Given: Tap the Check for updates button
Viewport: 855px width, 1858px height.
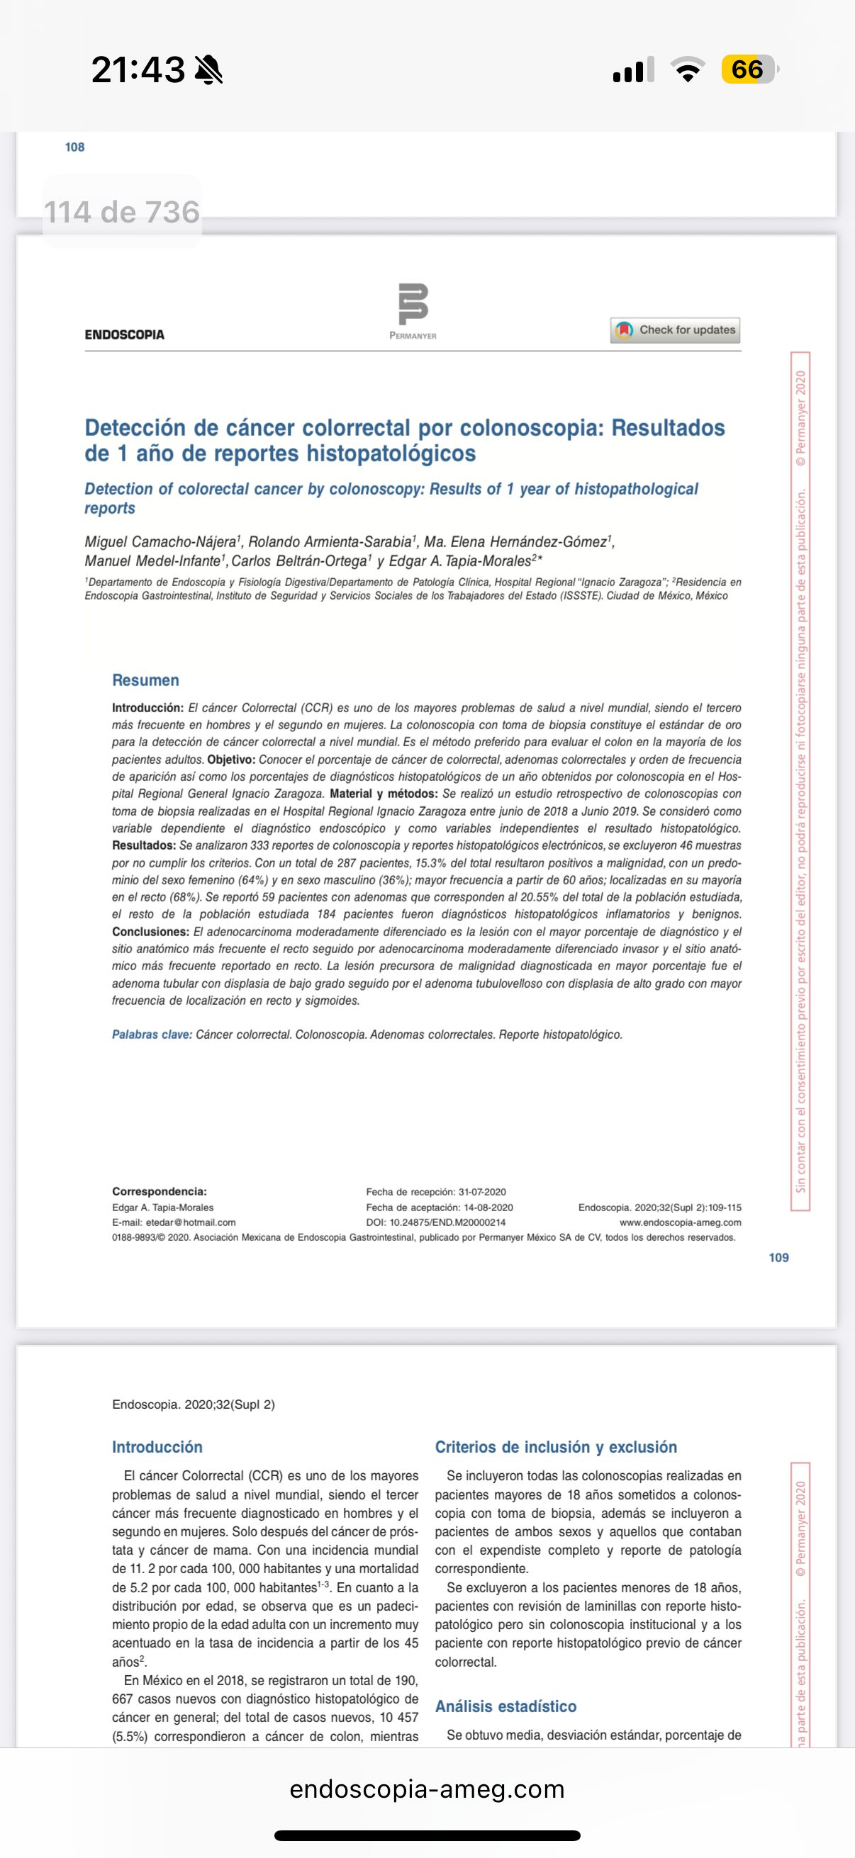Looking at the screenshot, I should click(676, 330).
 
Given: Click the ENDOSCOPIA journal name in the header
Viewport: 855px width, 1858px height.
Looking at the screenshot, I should click(124, 334).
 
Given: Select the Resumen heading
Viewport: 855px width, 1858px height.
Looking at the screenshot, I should click(145, 680).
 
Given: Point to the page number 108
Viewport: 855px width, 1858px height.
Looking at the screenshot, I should click(74, 147).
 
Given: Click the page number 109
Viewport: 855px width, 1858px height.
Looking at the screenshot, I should click(778, 1258).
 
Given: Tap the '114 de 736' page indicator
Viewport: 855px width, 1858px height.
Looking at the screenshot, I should click(121, 212).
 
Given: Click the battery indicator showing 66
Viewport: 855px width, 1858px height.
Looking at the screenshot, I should click(748, 70).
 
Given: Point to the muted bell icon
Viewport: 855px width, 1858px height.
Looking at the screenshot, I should click(208, 70).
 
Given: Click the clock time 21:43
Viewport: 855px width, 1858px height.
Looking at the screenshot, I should click(138, 70).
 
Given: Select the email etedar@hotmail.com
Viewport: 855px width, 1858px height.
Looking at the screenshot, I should click(191, 1222).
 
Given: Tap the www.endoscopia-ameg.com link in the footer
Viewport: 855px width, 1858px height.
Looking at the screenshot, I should click(680, 1222).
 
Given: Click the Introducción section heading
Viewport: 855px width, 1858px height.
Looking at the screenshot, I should click(157, 1447).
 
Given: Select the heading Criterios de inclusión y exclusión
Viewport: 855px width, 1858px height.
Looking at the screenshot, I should click(556, 1447).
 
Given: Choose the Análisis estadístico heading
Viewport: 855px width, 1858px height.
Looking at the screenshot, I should click(505, 1706).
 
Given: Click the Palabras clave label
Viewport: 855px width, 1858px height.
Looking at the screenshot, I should click(152, 1035).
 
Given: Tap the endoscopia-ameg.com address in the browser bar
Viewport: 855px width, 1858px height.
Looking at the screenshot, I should click(427, 1789).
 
